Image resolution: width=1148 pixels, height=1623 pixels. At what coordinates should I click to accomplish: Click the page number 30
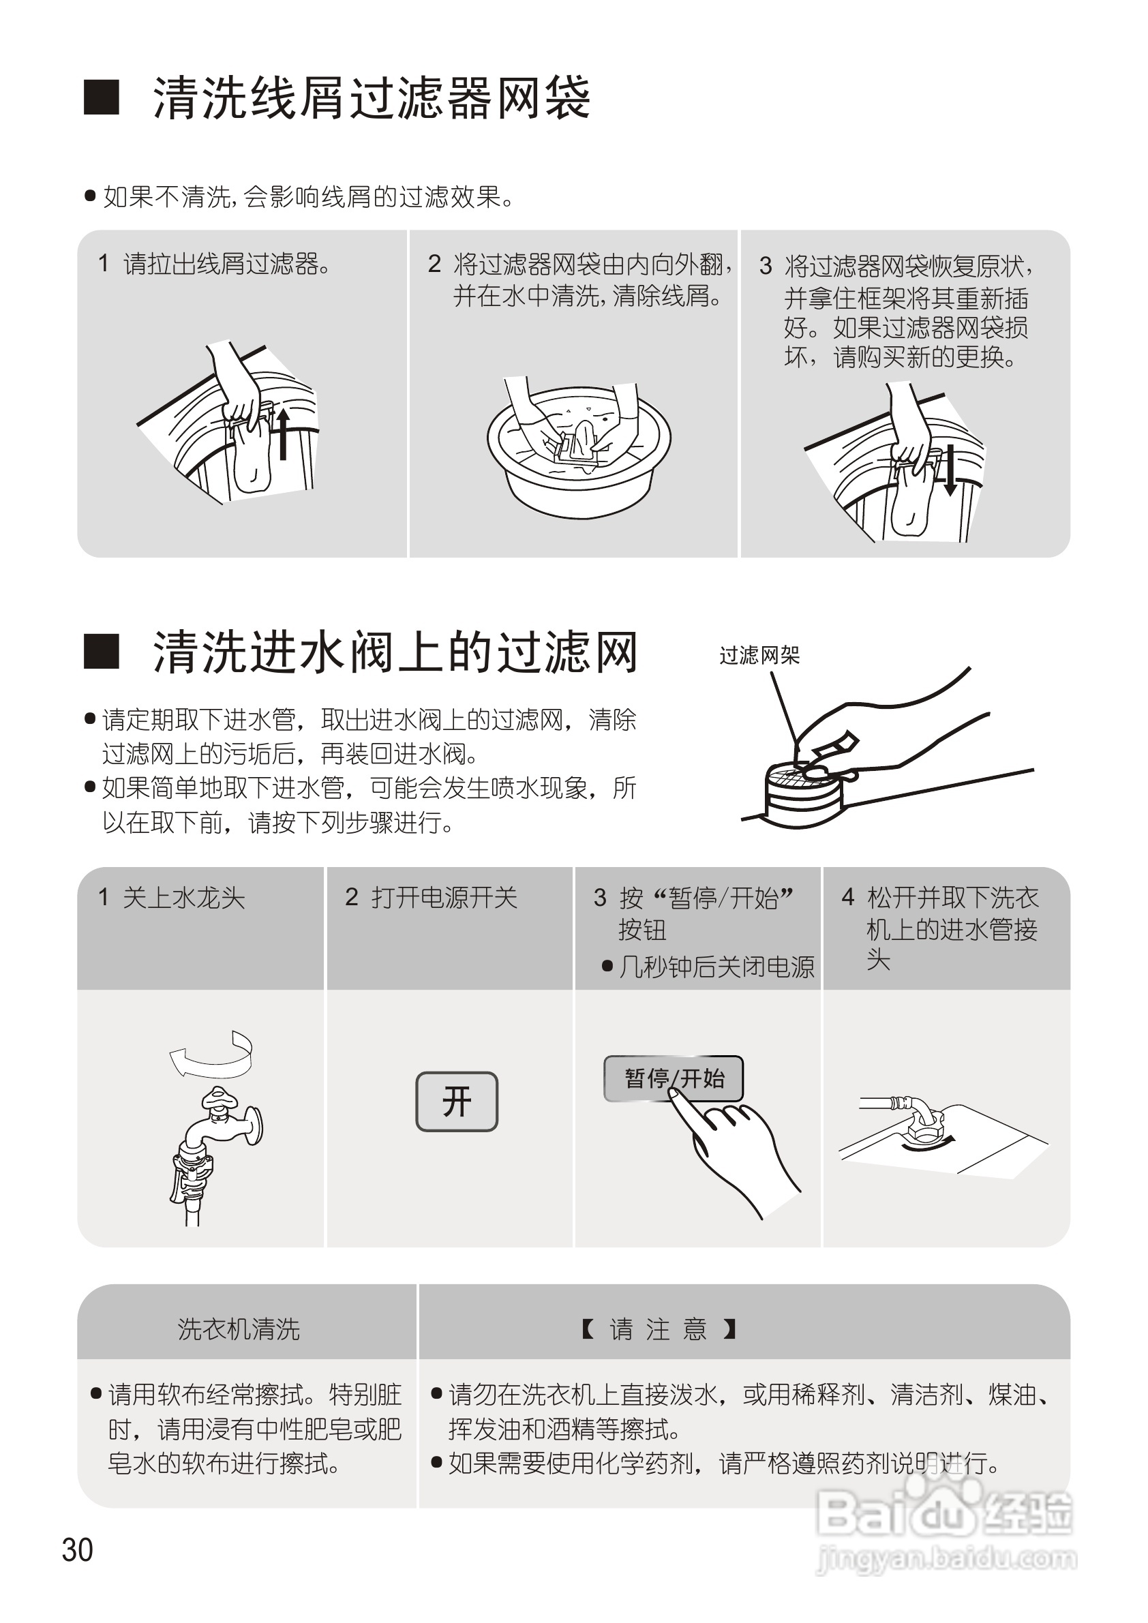[77, 1549]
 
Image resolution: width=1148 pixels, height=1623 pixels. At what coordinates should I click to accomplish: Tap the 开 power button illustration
[457, 1102]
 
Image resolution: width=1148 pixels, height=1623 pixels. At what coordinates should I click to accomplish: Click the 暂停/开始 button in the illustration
[672, 1078]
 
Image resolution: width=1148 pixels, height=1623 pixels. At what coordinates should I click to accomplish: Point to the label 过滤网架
[759, 655]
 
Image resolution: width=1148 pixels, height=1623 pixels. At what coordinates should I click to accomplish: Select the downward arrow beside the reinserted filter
[950, 470]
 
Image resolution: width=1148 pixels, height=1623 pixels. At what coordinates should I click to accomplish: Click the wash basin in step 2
[578, 453]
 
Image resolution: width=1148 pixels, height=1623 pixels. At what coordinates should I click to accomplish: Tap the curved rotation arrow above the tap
[211, 1054]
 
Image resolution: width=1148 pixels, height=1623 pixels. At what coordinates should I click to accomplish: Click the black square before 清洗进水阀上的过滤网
[101, 651]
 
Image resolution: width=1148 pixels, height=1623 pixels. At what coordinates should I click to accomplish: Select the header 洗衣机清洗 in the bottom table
[239, 1329]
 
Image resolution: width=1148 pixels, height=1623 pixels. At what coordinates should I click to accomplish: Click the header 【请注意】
[659, 1329]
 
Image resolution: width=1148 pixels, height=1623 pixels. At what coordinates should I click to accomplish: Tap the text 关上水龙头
[183, 898]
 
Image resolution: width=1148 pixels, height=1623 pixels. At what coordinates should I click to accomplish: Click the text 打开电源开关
[444, 898]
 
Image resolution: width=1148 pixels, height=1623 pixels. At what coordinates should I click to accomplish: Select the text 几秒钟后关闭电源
[716, 967]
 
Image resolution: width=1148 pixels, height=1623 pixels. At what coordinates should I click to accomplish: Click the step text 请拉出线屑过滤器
[226, 264]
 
